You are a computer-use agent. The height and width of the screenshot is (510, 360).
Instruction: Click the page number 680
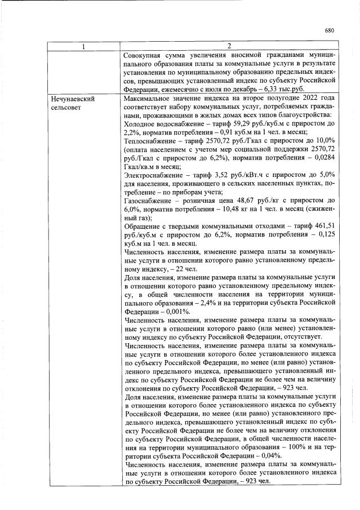(330, 31)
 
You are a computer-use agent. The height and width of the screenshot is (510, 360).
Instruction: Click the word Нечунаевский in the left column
(71, 99)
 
